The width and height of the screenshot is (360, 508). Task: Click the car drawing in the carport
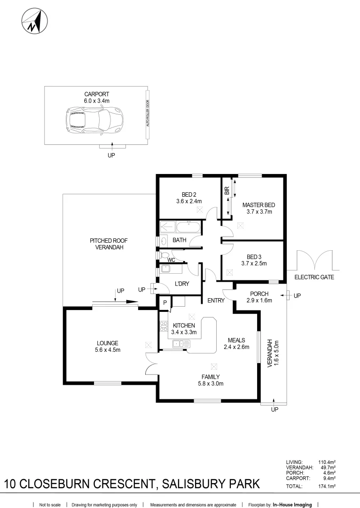(x=94, y=121)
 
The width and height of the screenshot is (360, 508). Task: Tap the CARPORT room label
(x=96, y=94)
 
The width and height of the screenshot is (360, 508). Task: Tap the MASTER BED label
(x=258, y=205)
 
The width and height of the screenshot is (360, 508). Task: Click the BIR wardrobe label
(x=227, y=190)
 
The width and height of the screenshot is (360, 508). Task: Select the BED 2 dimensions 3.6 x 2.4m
(x=188, y=201)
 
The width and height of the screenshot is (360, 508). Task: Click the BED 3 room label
(x=254, y=257)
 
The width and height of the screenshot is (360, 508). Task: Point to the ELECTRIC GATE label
(x=314, y=277)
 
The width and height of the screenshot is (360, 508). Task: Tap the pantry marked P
(x=164, y=303)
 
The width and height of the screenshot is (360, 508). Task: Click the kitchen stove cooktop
(x=164, y=326)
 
